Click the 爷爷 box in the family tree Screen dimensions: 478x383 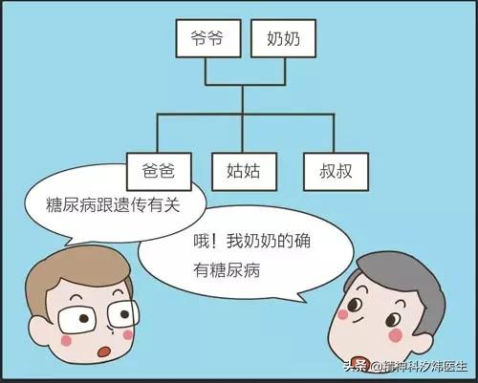[x=208, y=38]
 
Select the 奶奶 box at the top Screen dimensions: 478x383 [x=283, y=38]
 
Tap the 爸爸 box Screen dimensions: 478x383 [x=159, y=172]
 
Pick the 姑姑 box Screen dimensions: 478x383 [x=244, y=172]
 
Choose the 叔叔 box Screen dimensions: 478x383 [x=336, y=172]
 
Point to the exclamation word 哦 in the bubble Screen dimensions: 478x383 [x=202, y=241]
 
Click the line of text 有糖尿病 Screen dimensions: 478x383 [x=227, y=270]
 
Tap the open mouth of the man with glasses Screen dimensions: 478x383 [x=104, y=351]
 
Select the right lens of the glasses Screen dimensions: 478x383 [x=122, y=314]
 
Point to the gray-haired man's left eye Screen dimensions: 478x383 [x=355, y=305]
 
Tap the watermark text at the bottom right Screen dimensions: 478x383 [x=405, y=366]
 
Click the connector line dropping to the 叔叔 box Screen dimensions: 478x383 [x=334, y=133]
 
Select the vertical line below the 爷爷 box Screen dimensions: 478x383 [x=206, y=72]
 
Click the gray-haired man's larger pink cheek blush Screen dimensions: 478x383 [x=396, y=335]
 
